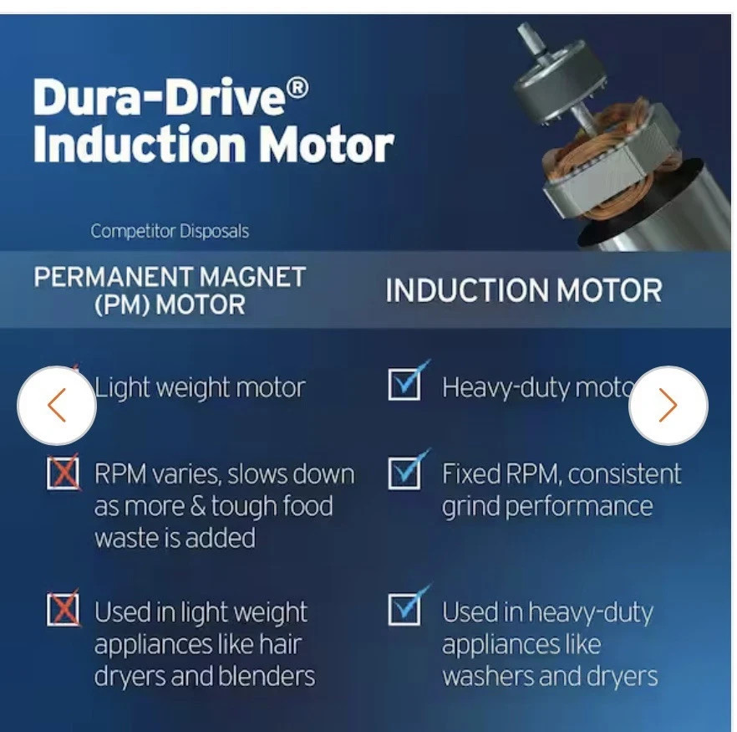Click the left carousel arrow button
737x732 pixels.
[57, 406]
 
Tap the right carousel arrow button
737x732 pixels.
[668, 406]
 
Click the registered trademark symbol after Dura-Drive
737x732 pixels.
[297, 90]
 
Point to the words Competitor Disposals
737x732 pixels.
[170, 231]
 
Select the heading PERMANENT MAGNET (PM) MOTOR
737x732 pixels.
[170, 290]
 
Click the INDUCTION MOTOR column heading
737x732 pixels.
[524, 289]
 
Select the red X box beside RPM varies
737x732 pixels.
[63, 473]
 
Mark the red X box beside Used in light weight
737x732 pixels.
[63, 609]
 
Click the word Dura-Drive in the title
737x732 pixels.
[160, 96]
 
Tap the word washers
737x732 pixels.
[487, 676]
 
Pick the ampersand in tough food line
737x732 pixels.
[198, 506]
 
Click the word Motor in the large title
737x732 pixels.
[327, 145]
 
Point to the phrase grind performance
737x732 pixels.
[547, 507]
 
